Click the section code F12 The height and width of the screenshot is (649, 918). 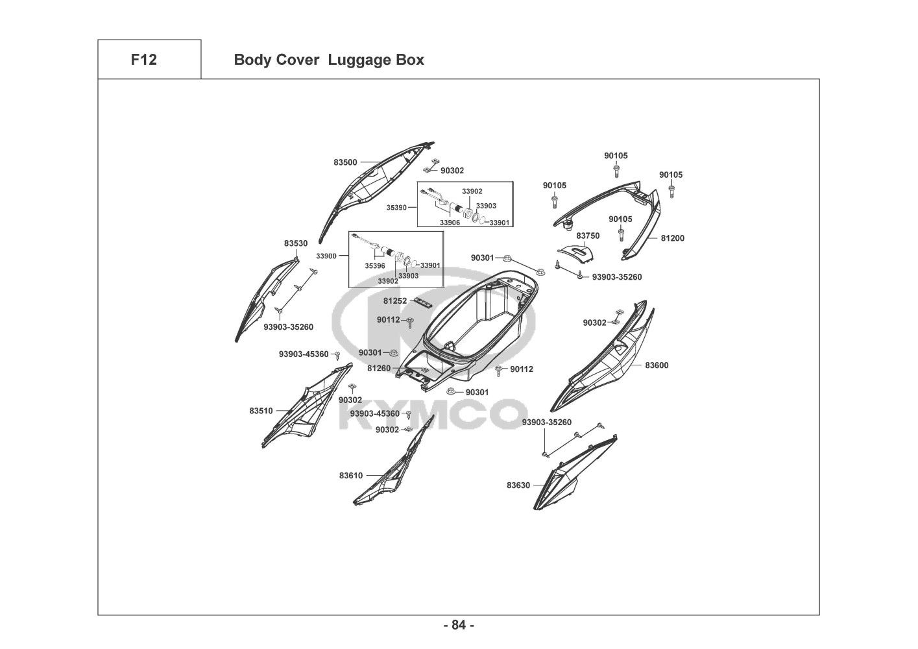coord(143,60)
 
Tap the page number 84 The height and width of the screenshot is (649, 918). coord(459,625)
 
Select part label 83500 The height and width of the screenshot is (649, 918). coord(345,162)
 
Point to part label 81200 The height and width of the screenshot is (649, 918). coord(673,238)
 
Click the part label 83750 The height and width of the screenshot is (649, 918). coord(588,236)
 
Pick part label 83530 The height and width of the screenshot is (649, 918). coord(296,243)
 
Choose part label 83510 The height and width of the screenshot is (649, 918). coord(261,411)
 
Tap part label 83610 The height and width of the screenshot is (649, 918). coord(351,476)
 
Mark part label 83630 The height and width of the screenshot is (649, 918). coord(518,485)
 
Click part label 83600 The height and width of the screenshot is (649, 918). coord(657,365)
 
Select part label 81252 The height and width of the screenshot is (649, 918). coord(394,301)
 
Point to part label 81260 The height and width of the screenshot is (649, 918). coord(379,368)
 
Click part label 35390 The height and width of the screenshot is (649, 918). coord(396,208)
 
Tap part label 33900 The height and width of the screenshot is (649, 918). coord(326,256)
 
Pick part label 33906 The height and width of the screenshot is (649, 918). coord(450,223)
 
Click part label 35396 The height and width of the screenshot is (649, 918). coord(375,265)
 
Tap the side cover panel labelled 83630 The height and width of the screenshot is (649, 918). coord(571,472)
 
